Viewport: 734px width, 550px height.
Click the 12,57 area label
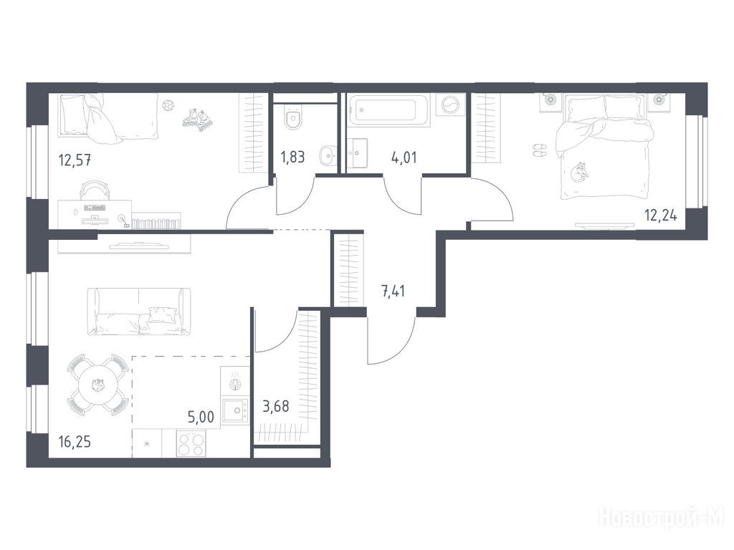75,160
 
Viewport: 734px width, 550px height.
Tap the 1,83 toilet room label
292,157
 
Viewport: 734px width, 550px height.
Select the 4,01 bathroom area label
404,157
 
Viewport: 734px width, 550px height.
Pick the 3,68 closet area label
275,407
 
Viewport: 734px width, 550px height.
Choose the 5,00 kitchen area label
201,417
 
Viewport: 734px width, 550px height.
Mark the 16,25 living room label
75,441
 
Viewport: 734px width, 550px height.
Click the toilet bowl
293,120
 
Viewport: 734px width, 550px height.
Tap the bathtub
389,110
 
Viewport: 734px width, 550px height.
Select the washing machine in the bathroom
450,105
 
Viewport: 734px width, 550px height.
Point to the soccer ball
167,105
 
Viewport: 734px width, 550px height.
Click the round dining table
97,385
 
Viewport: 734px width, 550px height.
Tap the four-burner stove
191,443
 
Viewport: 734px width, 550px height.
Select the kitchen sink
235,411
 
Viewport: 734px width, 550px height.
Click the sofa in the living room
139,312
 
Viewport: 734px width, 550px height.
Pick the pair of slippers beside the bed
540,150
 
